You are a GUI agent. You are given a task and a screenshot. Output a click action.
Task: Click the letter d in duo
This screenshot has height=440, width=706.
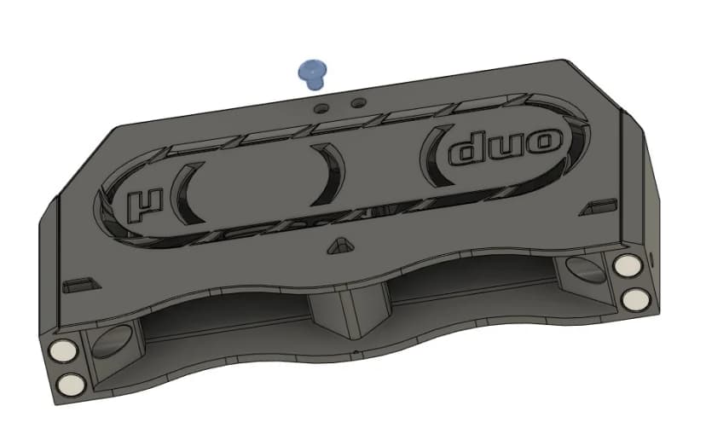[x=472, y=152]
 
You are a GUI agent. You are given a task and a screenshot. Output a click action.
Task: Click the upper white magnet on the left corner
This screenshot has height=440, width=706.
[x=63, y=350]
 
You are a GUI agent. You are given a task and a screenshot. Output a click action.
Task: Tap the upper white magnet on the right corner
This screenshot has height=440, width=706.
[x=630, y=267]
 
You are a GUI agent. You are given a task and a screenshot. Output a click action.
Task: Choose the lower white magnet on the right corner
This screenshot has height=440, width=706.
[x=636, y=298]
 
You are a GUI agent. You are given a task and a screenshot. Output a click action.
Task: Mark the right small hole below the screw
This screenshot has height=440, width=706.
[x=358, y=102]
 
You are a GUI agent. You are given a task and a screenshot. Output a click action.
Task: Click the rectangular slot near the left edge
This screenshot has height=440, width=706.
[x=82, y=281]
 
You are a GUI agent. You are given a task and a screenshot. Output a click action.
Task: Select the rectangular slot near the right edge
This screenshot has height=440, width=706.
[x=601, y=206]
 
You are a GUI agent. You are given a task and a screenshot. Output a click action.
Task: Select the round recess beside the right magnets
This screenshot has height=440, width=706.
[x=585, y=272]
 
